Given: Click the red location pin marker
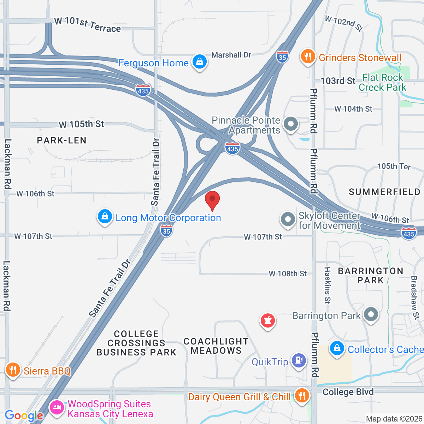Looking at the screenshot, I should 212,199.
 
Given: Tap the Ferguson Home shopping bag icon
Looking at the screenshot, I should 200,62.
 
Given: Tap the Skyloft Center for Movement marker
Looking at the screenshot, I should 288,219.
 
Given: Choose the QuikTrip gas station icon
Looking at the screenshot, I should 299,361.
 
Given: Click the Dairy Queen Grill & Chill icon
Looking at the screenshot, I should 301,395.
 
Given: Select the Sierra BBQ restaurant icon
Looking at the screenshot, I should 13,370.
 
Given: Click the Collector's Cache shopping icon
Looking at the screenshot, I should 337,349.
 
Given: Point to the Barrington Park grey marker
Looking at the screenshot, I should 371,314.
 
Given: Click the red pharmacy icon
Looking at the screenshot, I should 268,321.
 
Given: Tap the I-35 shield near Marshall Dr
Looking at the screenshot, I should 282,57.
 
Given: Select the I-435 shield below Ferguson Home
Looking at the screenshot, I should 143,90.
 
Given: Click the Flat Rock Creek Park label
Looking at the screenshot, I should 383,82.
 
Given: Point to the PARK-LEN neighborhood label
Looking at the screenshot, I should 62,140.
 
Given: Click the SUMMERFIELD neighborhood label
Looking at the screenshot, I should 384,192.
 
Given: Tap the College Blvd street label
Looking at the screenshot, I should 348,392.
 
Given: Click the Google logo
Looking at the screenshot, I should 24,416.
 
